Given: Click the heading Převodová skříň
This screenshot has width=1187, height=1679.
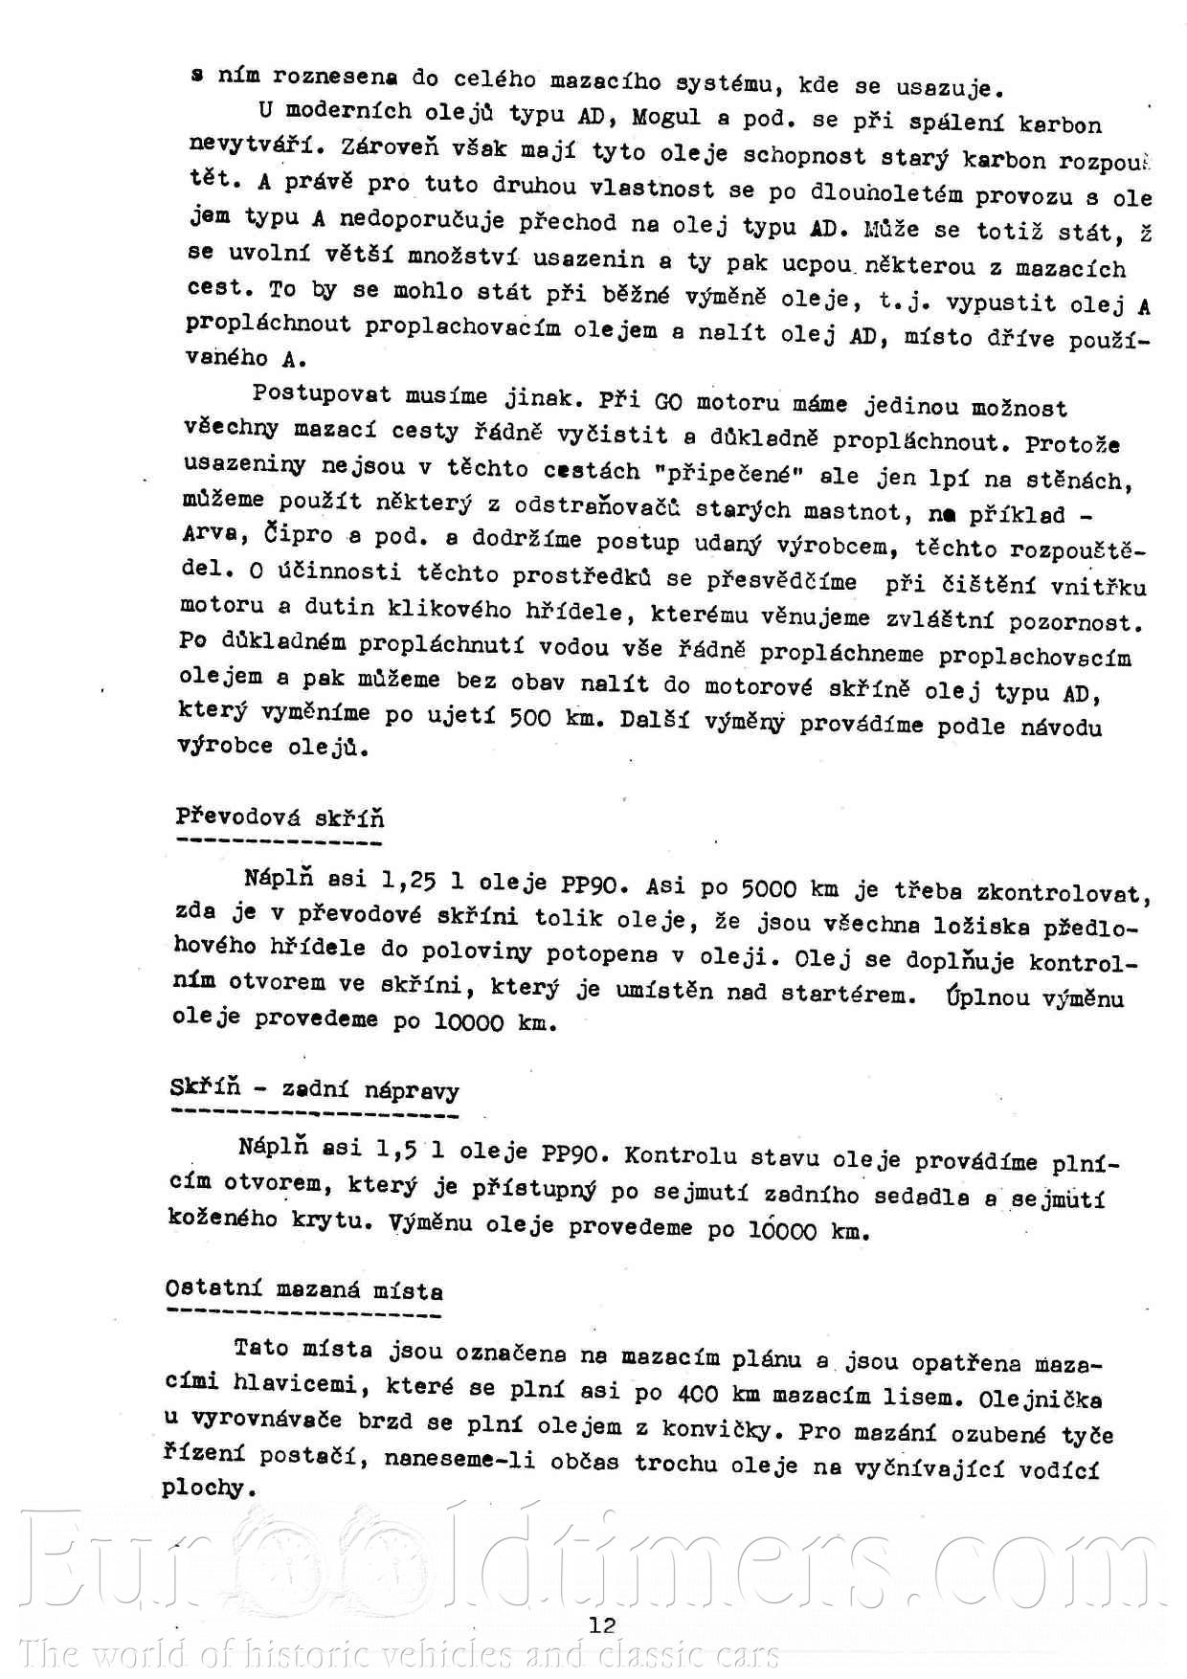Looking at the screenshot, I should click(x=280, y=817).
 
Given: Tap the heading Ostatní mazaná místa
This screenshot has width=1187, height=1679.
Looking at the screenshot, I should click(x=303, y=1289).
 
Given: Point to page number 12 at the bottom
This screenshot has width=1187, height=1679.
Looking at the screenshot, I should click(x=602, y=1624).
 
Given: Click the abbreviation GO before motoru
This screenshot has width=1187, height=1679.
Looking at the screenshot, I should click(x=668, y=401).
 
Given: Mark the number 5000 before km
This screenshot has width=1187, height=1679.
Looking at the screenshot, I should click(x=769, y=888).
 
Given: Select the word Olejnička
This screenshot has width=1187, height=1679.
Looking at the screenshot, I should click(x=1040, y=1399).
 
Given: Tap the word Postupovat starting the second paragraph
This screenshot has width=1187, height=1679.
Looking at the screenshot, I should click(x=321, y=394).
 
